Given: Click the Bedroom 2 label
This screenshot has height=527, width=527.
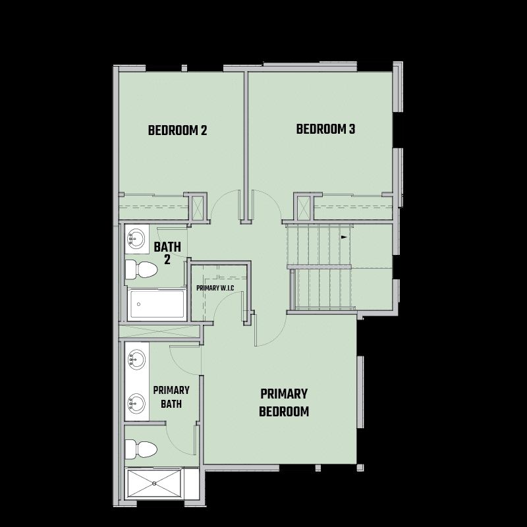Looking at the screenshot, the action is tap(177, 130).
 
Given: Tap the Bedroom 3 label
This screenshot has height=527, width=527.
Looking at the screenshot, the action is tap(325, 129).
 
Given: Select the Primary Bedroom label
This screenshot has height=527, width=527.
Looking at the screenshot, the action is tap(284, 402).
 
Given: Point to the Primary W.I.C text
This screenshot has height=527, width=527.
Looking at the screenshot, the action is tap(215, 289).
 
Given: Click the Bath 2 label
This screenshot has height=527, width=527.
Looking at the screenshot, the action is tap(167, 253).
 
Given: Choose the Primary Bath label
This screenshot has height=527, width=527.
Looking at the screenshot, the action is tap(171, 397).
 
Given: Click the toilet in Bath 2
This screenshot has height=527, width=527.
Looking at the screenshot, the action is tap(141, 269).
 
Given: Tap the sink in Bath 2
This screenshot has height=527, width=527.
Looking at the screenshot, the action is tap(136, 238).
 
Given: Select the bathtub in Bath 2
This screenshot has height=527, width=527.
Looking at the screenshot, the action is tap(157, 304).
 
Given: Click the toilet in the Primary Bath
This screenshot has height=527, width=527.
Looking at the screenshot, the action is tap(141, 449).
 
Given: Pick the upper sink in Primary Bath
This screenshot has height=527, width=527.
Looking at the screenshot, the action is tap(136, 359).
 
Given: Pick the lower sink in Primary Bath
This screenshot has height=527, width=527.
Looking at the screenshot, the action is tap(136, 403).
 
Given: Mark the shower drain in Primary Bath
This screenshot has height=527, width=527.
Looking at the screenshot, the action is tap(154, 484).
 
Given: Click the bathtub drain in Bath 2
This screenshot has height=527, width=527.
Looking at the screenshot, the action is tap(139, 304).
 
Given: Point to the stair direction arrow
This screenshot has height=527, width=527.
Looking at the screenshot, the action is tap(344, 237).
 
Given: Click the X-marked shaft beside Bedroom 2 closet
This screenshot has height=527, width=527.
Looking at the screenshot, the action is tap(197, 207).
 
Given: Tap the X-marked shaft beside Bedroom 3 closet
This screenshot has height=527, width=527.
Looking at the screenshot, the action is tap(303, 207).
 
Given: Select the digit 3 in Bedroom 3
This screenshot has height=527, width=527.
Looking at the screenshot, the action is tap(352, 129).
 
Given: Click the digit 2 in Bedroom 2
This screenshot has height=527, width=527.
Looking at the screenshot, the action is tap(204, 130).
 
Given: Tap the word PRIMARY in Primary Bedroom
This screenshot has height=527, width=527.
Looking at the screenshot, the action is tap(284, 394).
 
